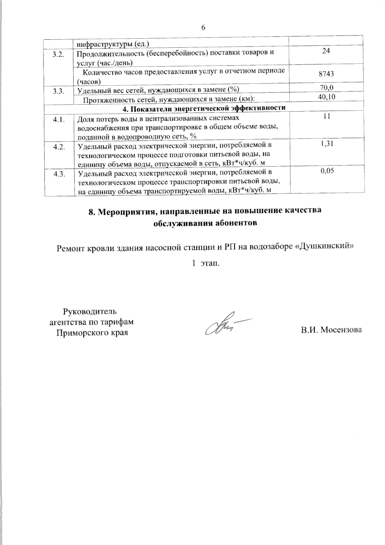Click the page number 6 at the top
203,28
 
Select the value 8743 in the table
326,74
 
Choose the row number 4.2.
59,147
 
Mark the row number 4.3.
59,175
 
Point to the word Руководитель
90,311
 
